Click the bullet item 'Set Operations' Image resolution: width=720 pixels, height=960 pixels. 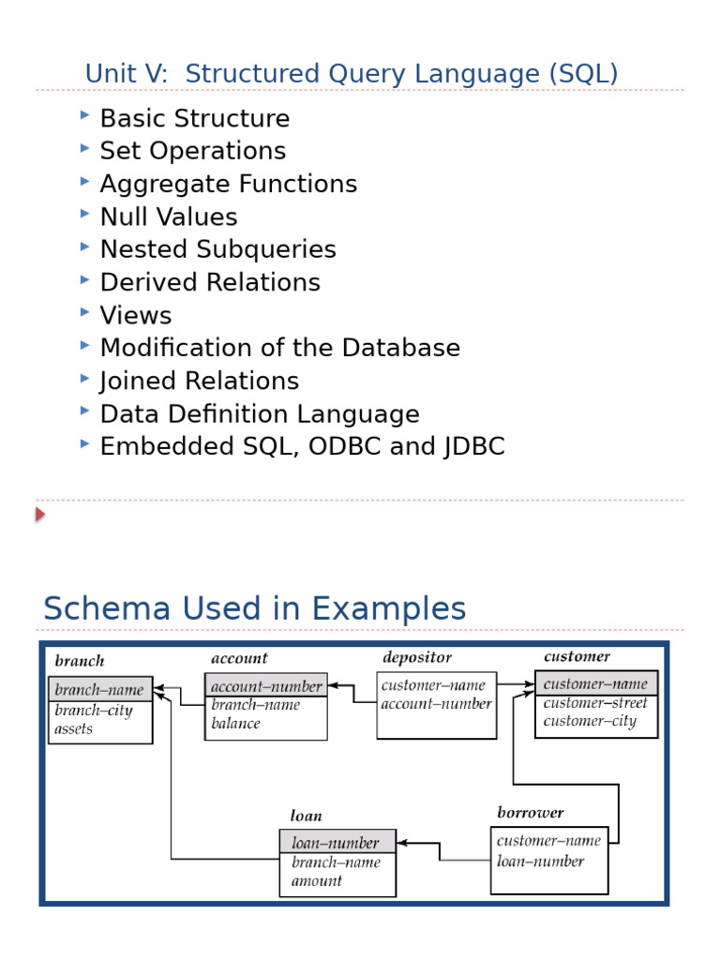coord(192,151)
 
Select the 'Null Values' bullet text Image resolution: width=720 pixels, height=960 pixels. coord(169,217)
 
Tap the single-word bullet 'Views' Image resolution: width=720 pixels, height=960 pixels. coord(136,315)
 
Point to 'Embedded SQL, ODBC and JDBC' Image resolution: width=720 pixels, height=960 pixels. coord(302,446)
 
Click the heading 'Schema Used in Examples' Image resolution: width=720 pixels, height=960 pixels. coord(254,608)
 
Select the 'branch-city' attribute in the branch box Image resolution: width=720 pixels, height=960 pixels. coord(94,711)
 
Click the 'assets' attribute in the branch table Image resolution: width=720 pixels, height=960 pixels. coord(74,728)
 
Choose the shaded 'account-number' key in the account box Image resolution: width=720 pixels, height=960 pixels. coord(266,686)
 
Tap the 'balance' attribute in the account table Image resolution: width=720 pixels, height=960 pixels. coord(236,724)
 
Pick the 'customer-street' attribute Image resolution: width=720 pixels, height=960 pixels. coord(595,703)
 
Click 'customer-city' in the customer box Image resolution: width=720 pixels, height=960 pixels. coord(590,721)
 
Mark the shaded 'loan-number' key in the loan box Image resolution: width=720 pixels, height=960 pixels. coord(336,843)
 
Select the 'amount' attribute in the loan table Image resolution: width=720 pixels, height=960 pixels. coord(317,880)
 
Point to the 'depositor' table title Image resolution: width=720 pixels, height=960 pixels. coord(417,657)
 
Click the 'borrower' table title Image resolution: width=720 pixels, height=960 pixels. coord(531,812)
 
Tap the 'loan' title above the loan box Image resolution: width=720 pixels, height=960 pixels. coord(307,816)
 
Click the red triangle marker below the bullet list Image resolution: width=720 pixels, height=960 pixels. coord(40,514)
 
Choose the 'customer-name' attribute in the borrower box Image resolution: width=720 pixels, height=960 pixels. coord(548,841)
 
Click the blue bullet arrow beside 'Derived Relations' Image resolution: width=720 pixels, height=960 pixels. coord(85,279)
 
